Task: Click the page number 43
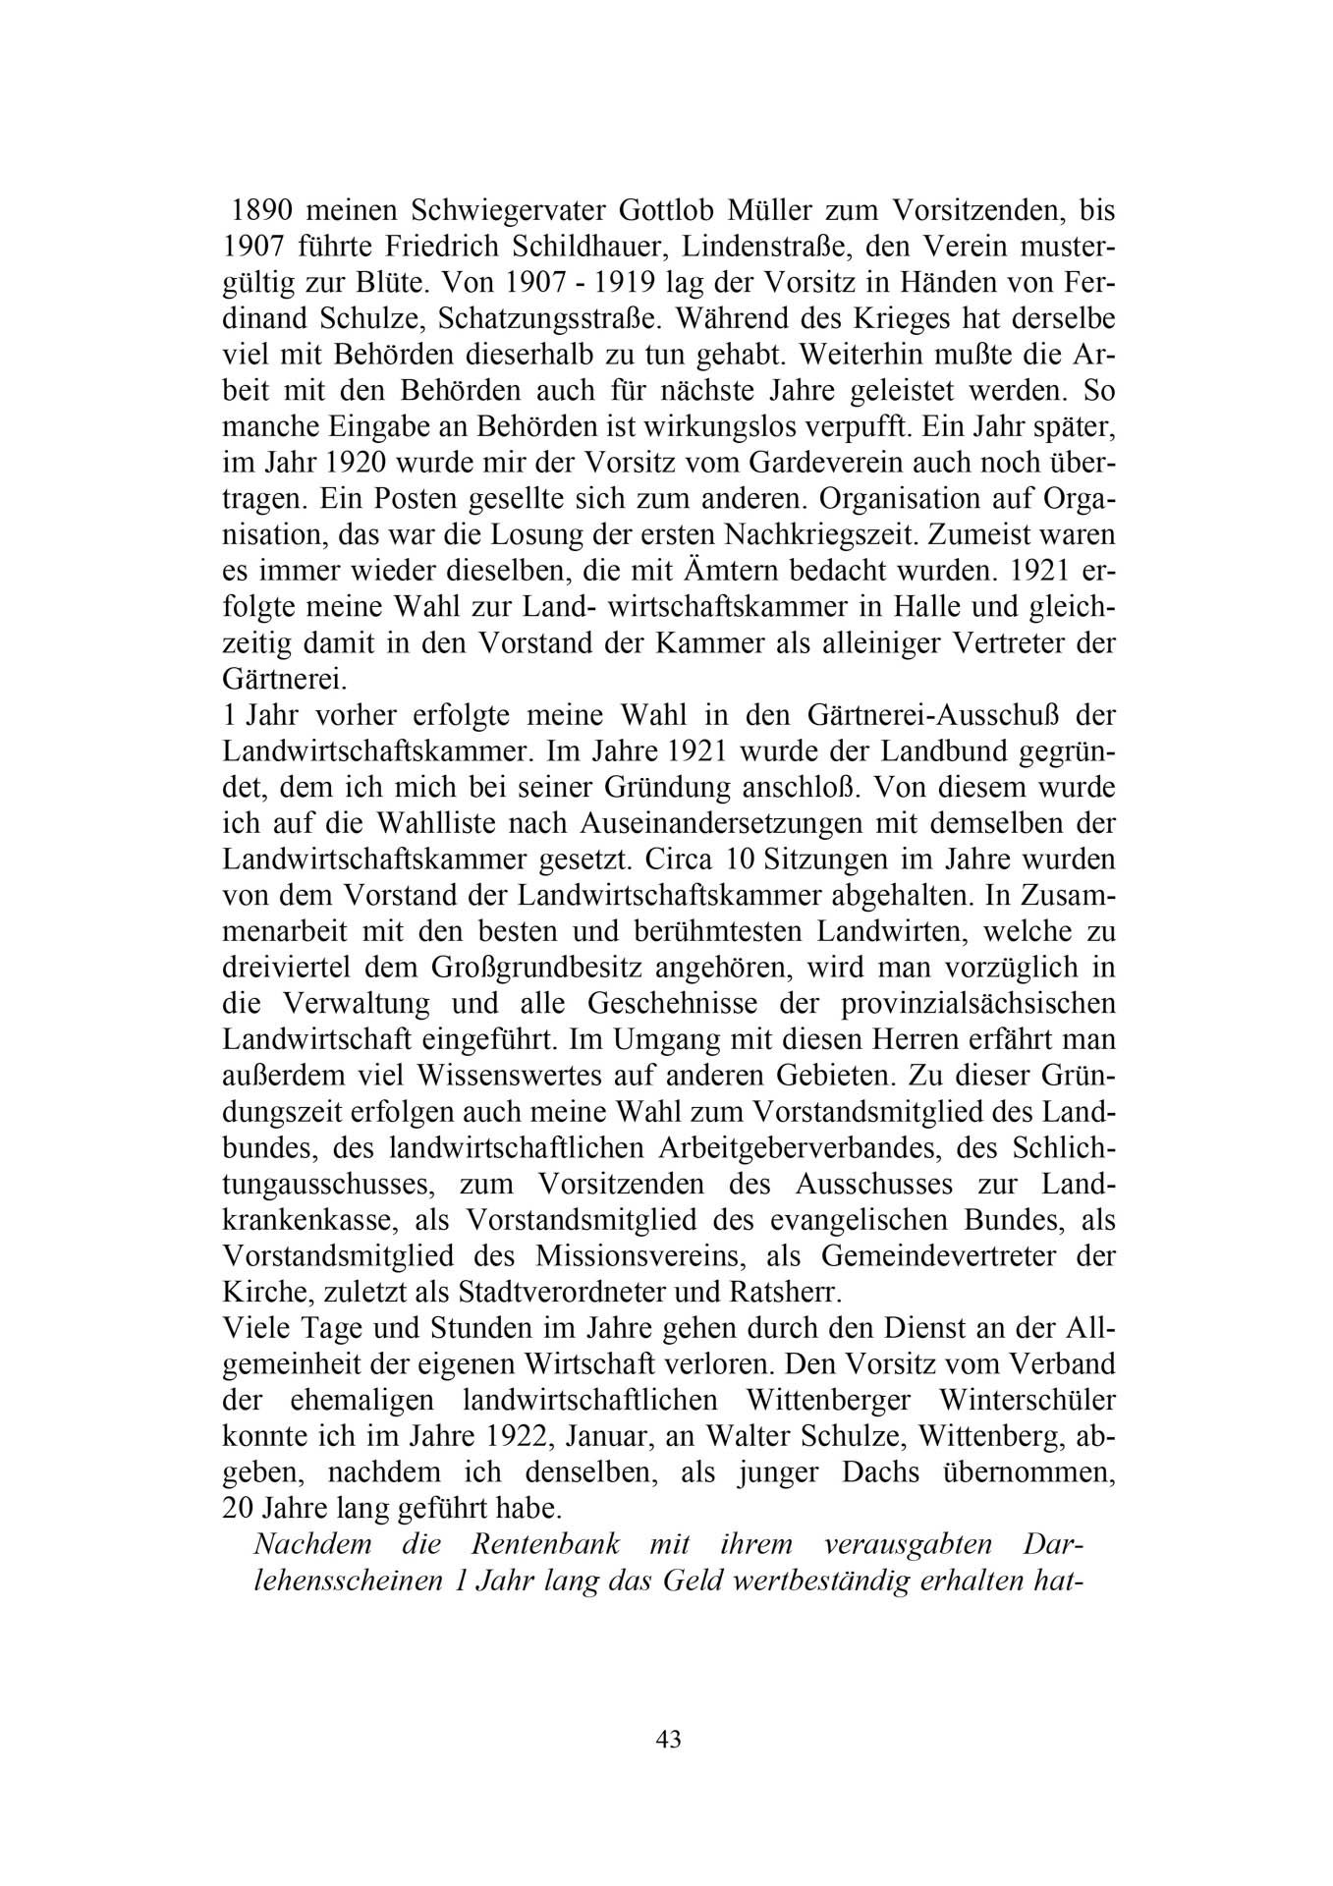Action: pyautogui.click(x=668, y=1739)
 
